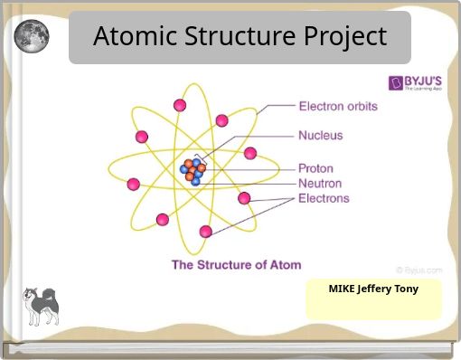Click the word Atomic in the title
(x=136, y=37)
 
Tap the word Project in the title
(x=344, y=37)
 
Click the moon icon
(x=31, y=37)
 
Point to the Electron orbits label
(x=338, y=106)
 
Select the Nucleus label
(x=321, y=137)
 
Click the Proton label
(x=315, y=168)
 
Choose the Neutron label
(x=319, y=183)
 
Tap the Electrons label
(x=324, y=197)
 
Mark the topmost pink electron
(x=179, y=106)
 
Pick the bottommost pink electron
(x=206, y=231)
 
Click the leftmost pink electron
(x=134, y=185)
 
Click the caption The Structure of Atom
(x=237, y=265)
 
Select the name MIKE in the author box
(x=345, y=289)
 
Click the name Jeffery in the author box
(x=375, y=289)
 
